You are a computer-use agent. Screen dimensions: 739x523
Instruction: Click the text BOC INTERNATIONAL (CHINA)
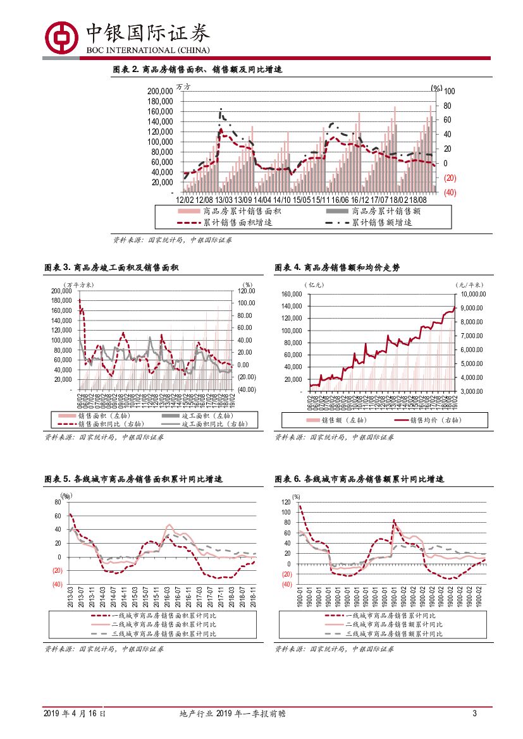tap(147, 50)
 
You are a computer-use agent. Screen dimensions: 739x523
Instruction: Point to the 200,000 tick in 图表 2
tap(160, 91)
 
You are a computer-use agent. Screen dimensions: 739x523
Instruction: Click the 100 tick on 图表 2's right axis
tap(450, 91)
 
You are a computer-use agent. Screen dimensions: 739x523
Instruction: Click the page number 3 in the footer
tap(474, 714)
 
